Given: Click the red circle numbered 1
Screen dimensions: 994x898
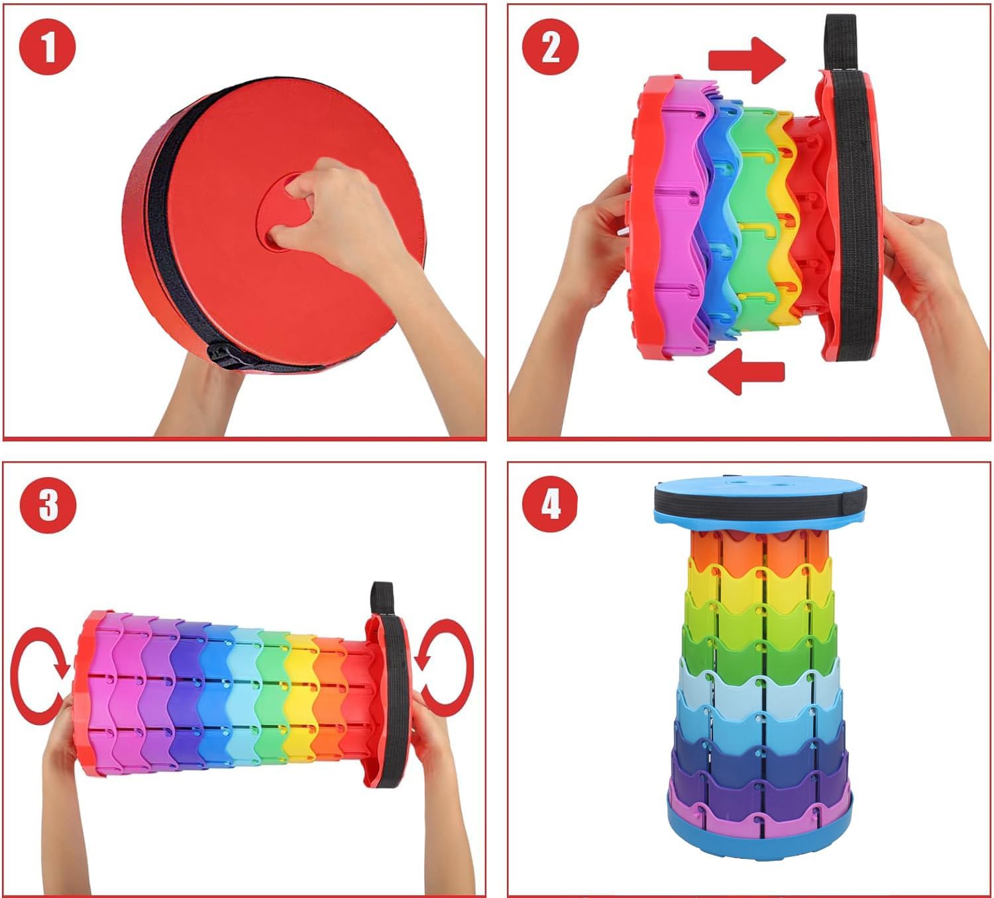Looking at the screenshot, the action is click(48, 47).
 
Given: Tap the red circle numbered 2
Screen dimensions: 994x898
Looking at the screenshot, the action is click(550, 47).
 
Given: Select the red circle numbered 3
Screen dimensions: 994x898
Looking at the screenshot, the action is click(48, 505).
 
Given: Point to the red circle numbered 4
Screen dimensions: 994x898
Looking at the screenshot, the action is click(550, 505).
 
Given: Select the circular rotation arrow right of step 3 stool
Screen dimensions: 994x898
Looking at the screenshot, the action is click(444, 667).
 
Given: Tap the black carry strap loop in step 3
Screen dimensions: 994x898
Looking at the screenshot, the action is click(382, 600).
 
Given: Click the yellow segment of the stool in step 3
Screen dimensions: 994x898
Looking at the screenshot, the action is click(301, 699).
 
